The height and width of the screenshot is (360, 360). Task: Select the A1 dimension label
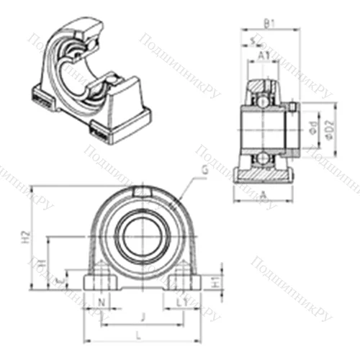click(x=264, y=55)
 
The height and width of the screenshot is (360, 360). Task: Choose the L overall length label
click(x=138, y=333)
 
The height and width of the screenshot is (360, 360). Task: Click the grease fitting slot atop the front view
click(x=143, y=192)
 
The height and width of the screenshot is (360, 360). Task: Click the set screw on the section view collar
click(x=293, y=108)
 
